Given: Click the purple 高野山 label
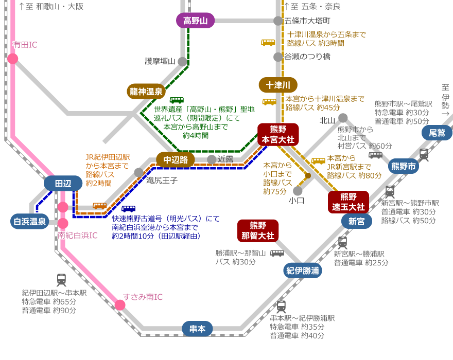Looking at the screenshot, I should pos(195,21).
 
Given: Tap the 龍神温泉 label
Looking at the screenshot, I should pos(146,92).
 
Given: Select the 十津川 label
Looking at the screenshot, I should pos(278,85).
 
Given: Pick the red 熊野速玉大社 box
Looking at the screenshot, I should pos(349,202).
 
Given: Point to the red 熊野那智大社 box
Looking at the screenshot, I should pos(258,230).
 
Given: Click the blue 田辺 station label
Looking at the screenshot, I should pos(63,183).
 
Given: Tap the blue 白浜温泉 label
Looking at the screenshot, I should pos(30,222).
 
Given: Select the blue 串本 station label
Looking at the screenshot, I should pos(197,329).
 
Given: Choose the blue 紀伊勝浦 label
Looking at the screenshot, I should pos(303,271).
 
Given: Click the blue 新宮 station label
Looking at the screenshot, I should pos(356,221).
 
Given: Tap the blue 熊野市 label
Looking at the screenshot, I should pos(404,166).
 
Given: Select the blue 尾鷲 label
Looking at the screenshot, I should pos(437,133).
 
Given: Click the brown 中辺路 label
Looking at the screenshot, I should pos(176,159).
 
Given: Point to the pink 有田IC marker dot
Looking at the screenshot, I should pos(13,59).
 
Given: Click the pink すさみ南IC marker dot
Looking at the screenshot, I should pos(120,305).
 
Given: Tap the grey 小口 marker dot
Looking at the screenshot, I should pos(298,191).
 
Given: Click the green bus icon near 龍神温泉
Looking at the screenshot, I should pos(177,101).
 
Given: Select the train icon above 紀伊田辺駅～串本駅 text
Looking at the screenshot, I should pos(61,280).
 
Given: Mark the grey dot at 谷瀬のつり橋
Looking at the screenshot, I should pos(278,57).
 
